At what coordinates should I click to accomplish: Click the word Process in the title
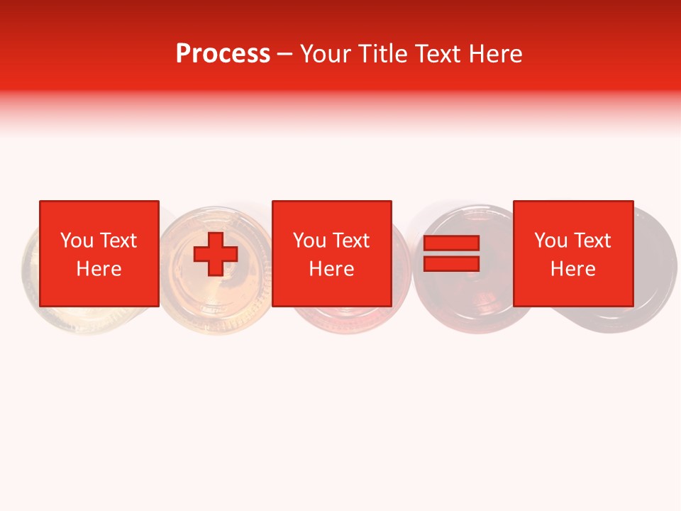click(223, 54)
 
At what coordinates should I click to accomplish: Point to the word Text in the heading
click(441, 54)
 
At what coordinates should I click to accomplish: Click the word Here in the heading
click(496, 54)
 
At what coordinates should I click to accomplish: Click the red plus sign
click(216, 253)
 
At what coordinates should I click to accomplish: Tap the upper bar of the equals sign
click(451, 243)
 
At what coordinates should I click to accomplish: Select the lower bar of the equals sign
click(451, 264)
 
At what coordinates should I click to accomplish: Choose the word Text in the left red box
click(118, 241)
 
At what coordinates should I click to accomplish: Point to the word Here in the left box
click(99, 269)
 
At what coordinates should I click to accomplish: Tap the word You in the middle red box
click(309, 241)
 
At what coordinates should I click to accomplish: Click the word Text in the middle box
click(350, 241)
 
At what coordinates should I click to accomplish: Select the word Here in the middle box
click(331, 269)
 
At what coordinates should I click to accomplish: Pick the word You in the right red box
click(550, 241)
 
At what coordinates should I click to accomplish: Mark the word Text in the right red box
click(592, 241)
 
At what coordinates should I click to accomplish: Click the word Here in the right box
click(572, 269)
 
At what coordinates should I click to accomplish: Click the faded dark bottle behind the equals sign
click(454, 298)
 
